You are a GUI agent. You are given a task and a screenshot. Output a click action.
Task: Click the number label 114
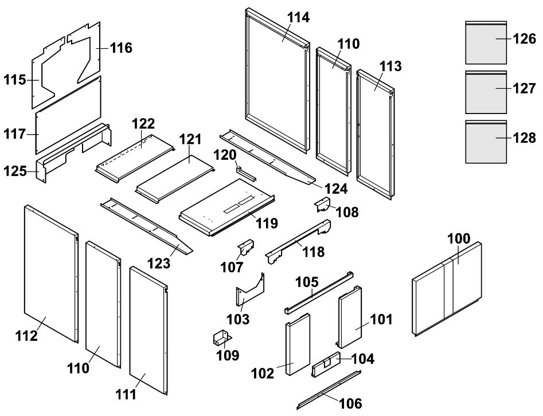point(298,18)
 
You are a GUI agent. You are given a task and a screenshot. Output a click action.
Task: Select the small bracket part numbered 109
point(220,337)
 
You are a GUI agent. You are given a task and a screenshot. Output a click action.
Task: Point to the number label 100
point(458,239)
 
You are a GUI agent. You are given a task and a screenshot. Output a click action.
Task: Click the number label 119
point(267,222)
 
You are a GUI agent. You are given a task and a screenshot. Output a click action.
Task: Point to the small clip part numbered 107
point(245,248)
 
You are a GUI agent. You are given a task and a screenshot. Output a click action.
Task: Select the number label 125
point(15,170)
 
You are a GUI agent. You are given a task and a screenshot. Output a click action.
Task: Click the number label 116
point(121,48)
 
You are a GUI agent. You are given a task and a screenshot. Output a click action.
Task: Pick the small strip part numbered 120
point(244,172)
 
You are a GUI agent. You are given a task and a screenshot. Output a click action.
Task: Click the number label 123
point(159,263)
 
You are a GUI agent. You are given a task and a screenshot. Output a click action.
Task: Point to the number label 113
point(390,66)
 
